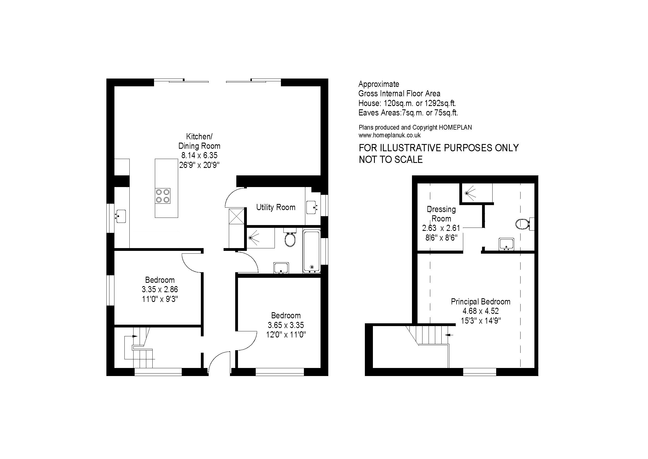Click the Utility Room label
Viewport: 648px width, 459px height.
click(x=276, y=208)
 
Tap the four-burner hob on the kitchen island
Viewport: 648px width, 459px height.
click(x=163, y=196)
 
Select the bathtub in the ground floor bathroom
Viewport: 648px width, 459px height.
click(x=312, y=252)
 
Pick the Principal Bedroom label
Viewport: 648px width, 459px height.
click(x=481, y=302)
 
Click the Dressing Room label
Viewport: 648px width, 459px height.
click(x=441, y=214)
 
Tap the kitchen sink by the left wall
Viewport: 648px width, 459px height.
click(x=120, y=216)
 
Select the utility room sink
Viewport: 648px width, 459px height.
click(x=312, y=208)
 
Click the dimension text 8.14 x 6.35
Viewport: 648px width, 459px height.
click(x=199, y=155)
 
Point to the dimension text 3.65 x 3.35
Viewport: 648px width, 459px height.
click(x=286, y=325)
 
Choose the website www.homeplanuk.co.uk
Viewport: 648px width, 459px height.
click(x=390, y=135)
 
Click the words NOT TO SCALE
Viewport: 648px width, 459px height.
click(x=391, y=160)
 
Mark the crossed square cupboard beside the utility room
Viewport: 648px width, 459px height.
click(x=237, y=216)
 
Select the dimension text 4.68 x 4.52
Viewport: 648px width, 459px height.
click(x=481, y=311)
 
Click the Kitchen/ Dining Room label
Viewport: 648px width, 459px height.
click(x=199, y=141)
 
